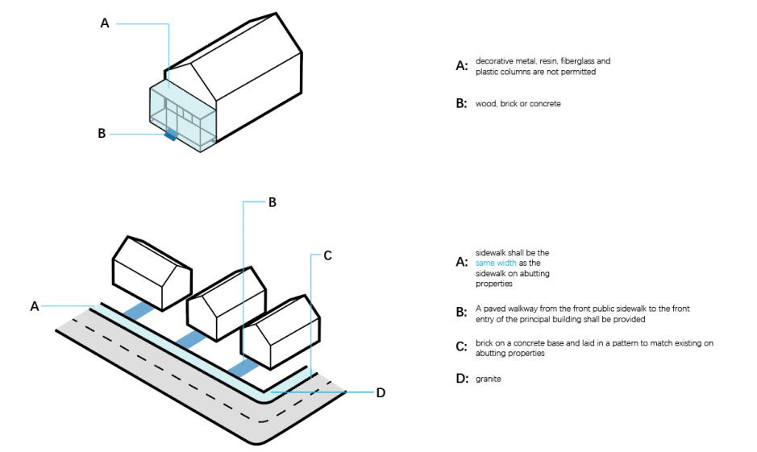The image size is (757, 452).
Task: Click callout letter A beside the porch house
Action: click(105, 24)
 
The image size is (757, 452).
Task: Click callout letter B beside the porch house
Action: click(102, 134)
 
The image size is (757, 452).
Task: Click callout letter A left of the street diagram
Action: click(35, 306)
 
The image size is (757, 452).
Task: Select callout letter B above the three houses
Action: click(272, 202)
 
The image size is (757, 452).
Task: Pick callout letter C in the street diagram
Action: click(327, 255)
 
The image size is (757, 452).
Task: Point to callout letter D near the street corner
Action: click(381, 392)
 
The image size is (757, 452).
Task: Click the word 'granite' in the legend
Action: click(488, 378)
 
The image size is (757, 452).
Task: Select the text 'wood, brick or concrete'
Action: click(518, 104)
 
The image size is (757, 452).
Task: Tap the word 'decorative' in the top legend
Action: click(493, 61)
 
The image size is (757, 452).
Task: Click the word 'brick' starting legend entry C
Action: click(484, 343)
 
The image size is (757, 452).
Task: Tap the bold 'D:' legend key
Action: click(461, 379)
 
